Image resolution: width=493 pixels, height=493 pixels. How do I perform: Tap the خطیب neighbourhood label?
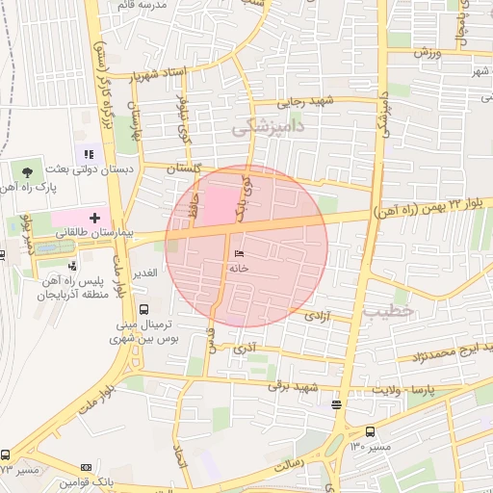click(x=388, y=311)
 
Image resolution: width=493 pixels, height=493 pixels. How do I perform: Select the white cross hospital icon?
click(x=94, y=219)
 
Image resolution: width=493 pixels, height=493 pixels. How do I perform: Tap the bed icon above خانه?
click(x=238, y=254)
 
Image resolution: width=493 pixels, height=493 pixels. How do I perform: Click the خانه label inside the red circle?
click(x=238, y=269)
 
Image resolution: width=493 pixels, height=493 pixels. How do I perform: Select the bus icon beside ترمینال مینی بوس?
click(x=143, y=310)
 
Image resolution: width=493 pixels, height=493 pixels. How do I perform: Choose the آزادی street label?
click(x=317, y=315)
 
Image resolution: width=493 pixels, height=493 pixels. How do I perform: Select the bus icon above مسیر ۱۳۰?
click(x=371, y=431)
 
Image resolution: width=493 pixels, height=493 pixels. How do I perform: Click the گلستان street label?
click(x=184, y=168)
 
